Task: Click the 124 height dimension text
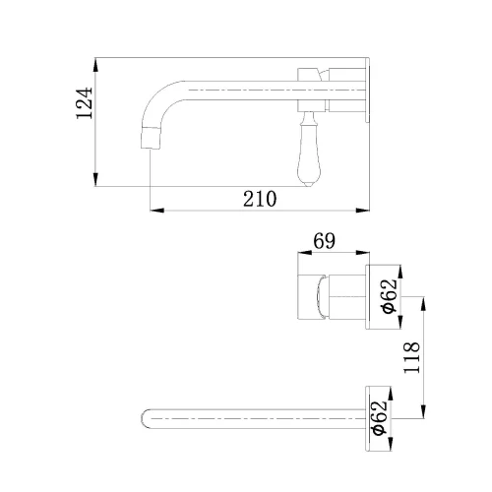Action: pyautogui.click(x=85, y=102)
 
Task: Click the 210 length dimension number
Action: pyautogui.click(x=260, y=199)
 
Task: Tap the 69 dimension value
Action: pyautogui.click(x=324, y=241)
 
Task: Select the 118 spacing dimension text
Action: pyautogui.click(x=411, y=357)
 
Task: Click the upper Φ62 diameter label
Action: pyautogui.click(x=390, y=296)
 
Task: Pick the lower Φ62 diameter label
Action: pyautogui.click(x=380, y=418)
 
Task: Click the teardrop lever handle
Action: pyautogui.click(x=306, y=150)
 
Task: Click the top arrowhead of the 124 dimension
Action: pyautogui.click(x=95, y=65)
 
